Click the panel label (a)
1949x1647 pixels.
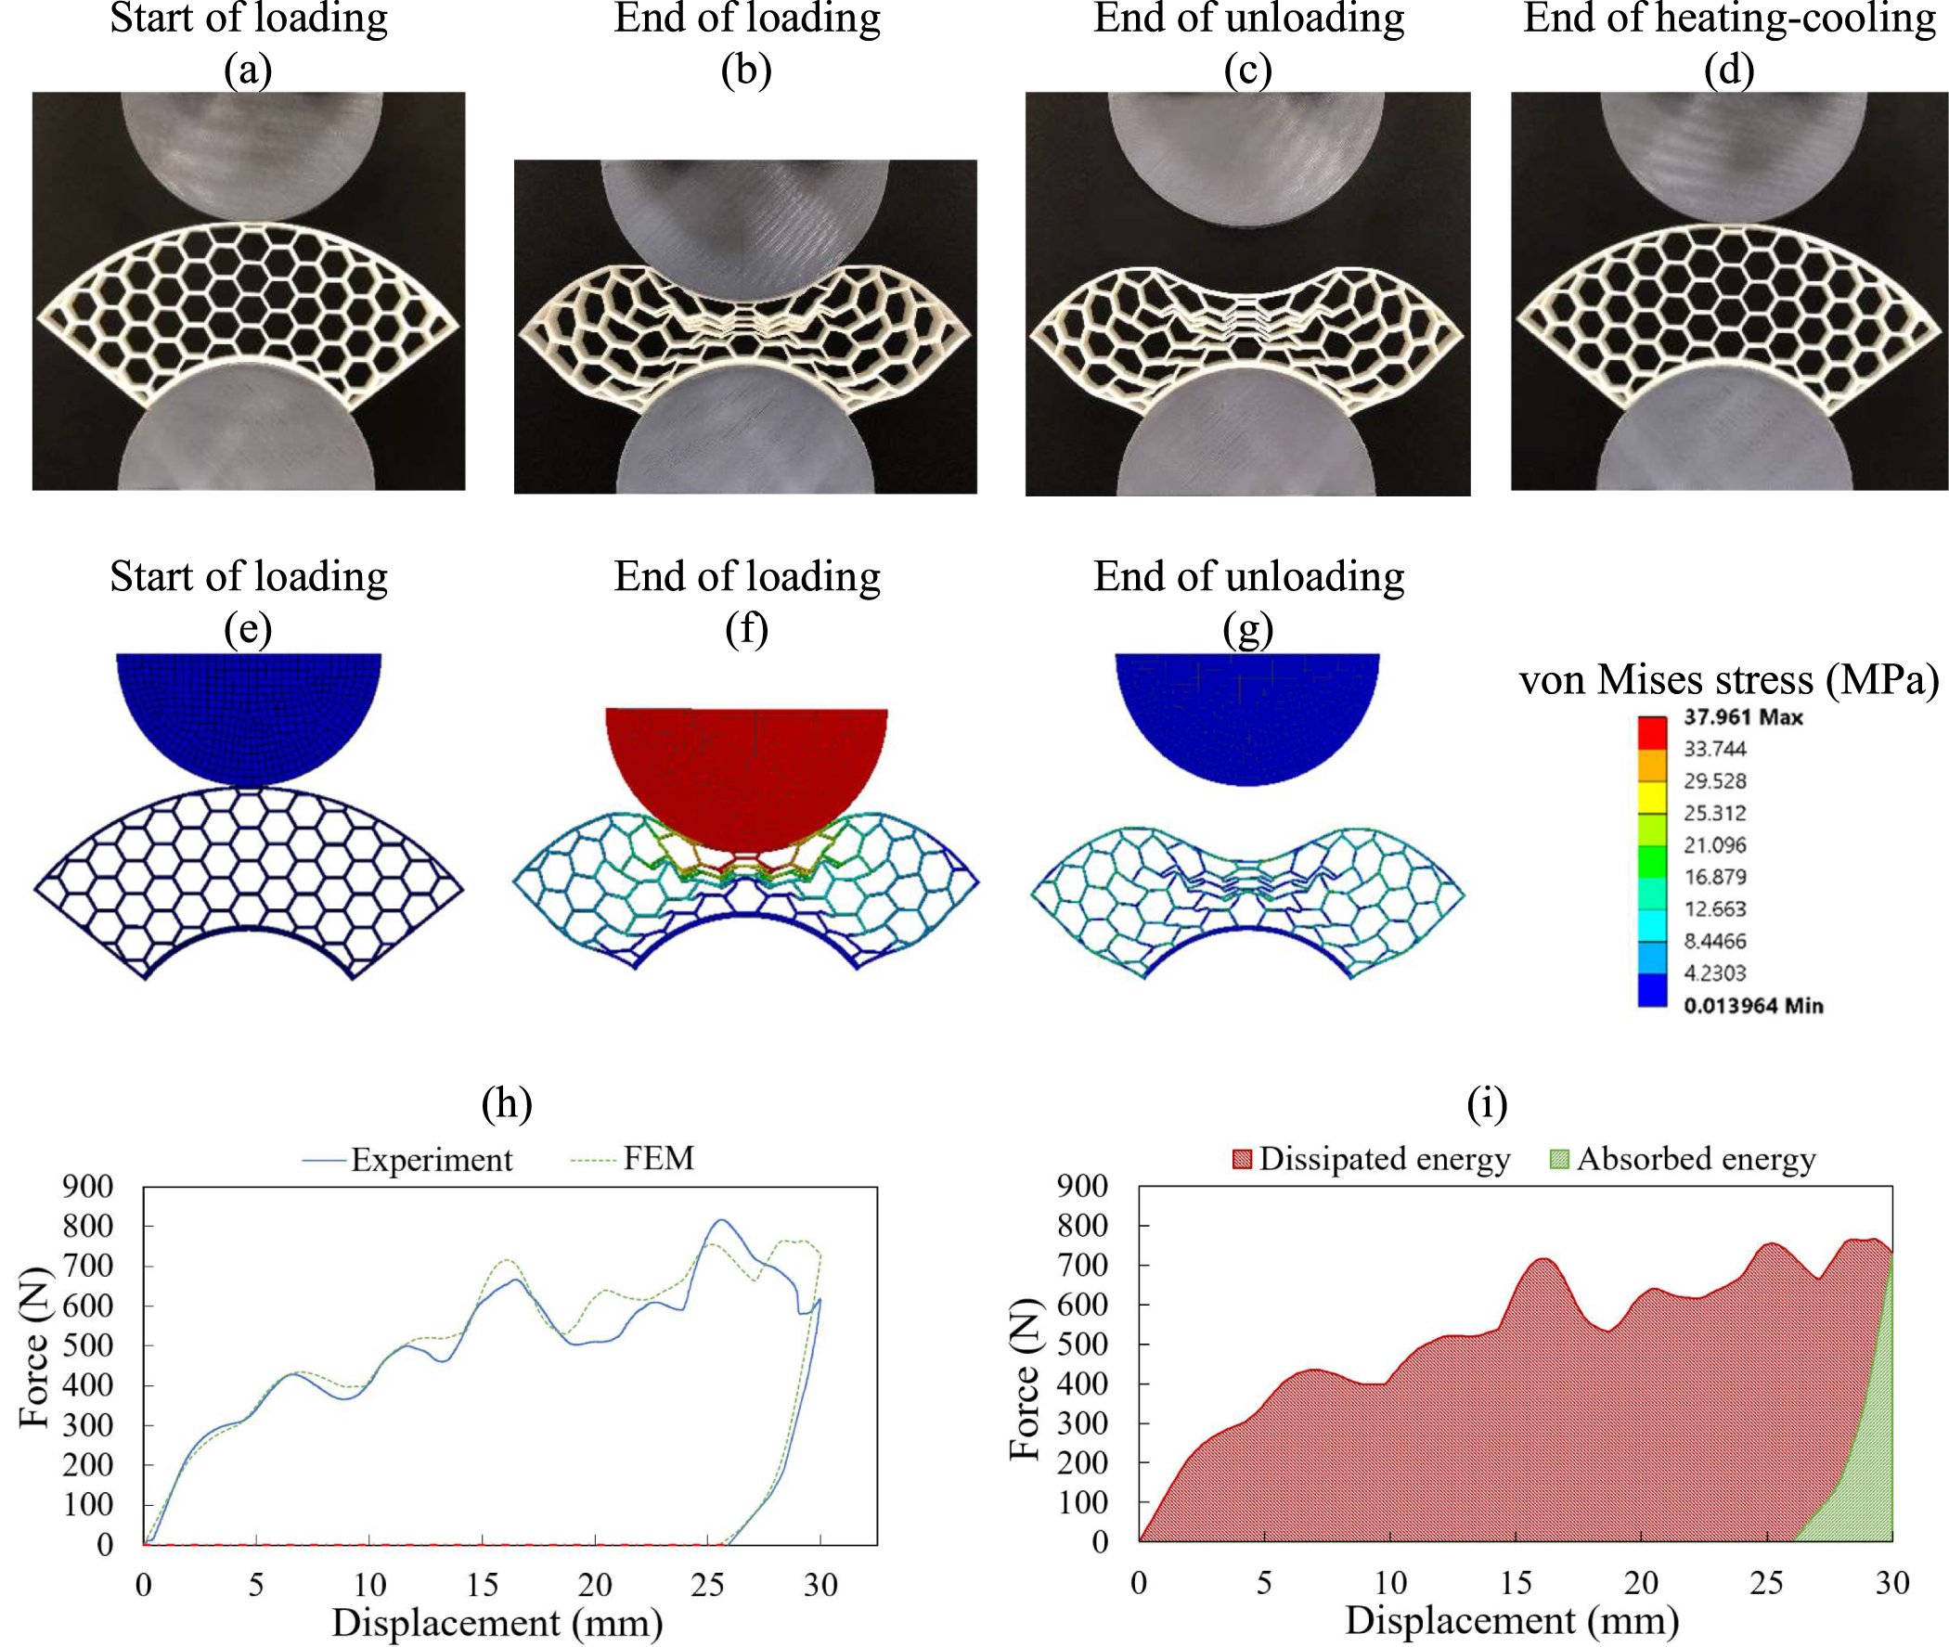248,70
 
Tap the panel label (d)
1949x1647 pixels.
1728,70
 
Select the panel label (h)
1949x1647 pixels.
506,1103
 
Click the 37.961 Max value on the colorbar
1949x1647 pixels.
1743,717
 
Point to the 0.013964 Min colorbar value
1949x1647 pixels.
1752,1006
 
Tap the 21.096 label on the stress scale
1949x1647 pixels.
1714,845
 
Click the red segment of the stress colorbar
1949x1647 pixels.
1651,732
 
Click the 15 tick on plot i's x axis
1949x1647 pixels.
1515,1583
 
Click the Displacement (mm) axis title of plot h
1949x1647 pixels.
497,1623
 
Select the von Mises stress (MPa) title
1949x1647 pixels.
1728,680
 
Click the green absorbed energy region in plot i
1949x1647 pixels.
1872,1457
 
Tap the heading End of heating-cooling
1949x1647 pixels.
1728,19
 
